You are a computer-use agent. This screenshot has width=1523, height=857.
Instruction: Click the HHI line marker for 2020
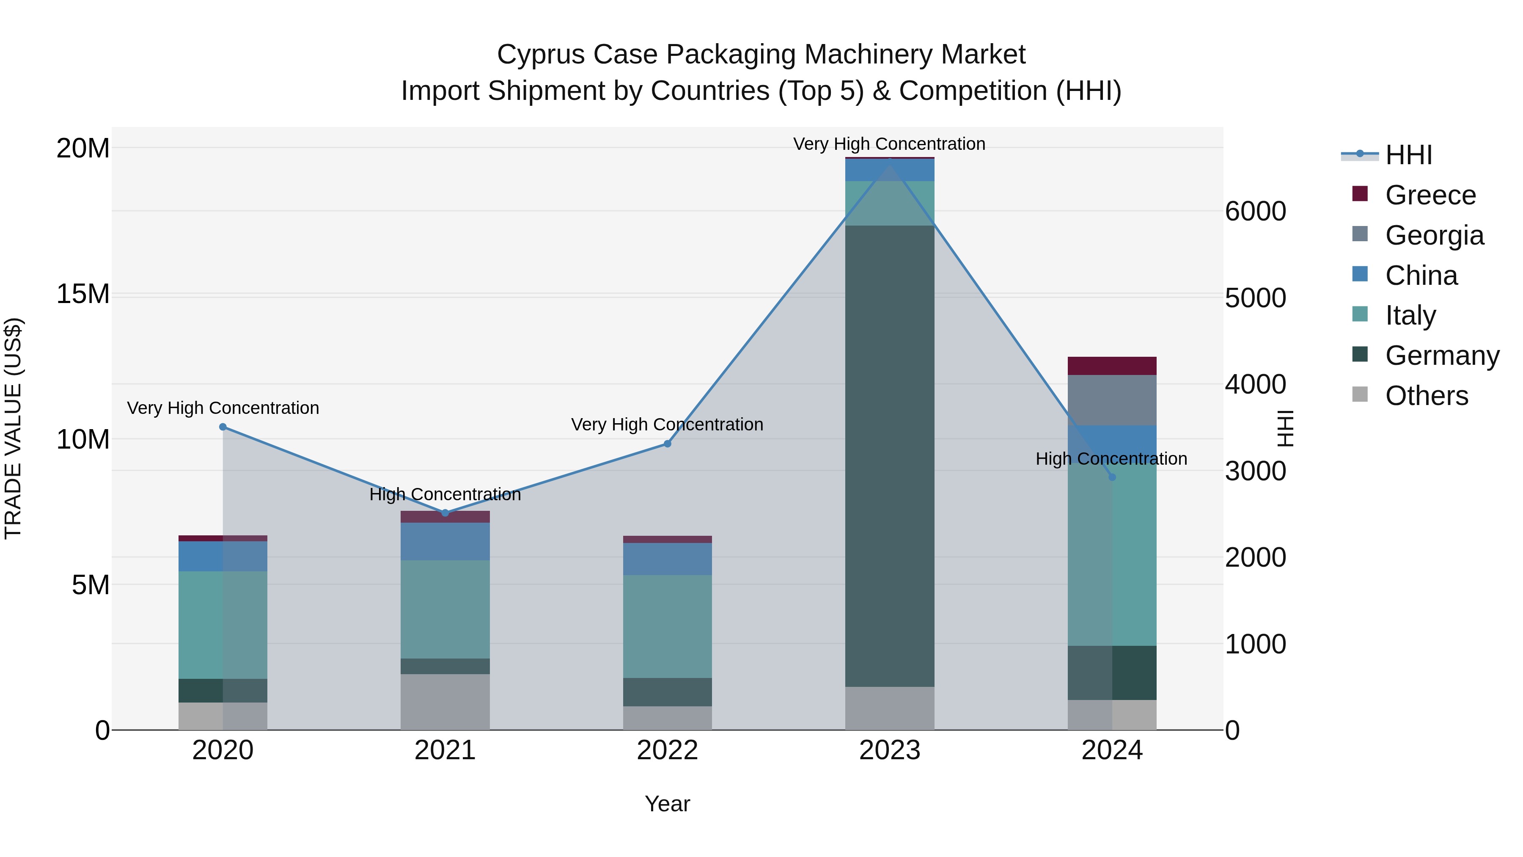click(223, 427)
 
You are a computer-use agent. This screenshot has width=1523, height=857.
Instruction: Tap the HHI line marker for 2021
click(445, 513)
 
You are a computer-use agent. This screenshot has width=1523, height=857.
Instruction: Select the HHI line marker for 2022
click(668, 444)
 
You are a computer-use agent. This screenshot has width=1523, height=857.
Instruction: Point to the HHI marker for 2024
click(1112, 477)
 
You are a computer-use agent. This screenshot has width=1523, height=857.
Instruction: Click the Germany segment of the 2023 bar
click(890, 455)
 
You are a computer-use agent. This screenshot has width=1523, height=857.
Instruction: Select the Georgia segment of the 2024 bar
click(1112, 400)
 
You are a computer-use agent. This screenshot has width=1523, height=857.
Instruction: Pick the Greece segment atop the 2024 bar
click(1112, 366)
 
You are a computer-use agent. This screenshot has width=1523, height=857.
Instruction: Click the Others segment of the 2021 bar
click(445, 702)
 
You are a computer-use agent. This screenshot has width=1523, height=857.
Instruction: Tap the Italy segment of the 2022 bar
click(668, 626)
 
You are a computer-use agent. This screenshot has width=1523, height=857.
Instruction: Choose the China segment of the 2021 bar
click(445, 541)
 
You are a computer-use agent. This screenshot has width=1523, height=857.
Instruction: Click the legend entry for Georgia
click(1434, 235)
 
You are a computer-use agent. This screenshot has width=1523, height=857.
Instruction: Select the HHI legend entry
click(1408, 155)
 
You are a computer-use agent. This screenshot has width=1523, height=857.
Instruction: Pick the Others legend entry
click(1426, 396)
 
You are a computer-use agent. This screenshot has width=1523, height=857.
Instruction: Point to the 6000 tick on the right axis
click(1255, 211)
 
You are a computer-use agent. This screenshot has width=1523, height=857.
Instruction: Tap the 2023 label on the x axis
click(890, 750)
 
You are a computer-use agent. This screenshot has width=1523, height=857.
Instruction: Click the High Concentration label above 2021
click(445, 494)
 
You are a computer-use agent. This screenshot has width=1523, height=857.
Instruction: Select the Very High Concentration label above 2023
click(889, 144)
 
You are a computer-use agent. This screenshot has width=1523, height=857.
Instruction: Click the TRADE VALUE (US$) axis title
click(13, 428)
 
